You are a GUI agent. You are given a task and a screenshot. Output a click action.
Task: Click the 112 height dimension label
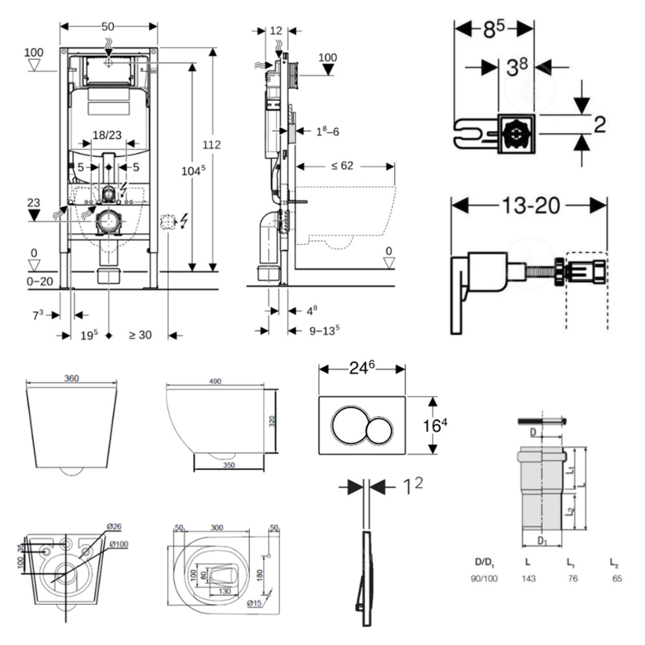coord(211,145)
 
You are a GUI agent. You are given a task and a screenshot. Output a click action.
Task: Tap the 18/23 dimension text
coord(107,135)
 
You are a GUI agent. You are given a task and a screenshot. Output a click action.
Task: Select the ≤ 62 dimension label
coord(342,166)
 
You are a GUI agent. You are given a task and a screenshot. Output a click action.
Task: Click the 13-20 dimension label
coord(531,205)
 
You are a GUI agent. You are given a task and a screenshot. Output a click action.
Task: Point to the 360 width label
coord(72,379)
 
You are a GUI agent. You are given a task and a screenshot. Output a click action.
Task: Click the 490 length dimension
coord(215,381)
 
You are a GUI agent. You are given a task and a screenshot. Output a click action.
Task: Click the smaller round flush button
coord(379,431)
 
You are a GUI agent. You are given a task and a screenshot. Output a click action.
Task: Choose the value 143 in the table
coord(529,578)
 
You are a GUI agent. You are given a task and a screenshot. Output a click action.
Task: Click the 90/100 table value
coord(484,578)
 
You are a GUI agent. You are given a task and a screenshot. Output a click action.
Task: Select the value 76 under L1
coord(573,578)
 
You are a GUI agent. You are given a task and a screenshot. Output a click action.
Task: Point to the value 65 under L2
coord(617,578)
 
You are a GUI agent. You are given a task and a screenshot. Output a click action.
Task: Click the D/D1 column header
coord(484,562)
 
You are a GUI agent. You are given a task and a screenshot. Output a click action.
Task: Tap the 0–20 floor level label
coord(40,281)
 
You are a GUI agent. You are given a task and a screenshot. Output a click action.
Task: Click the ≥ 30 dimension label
coord(140,335)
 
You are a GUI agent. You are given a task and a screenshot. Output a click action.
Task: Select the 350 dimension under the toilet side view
coord(229,465)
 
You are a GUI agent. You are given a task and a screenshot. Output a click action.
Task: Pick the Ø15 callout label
coord(255,603)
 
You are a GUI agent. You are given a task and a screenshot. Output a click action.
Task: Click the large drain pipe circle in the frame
coord(108,222)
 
